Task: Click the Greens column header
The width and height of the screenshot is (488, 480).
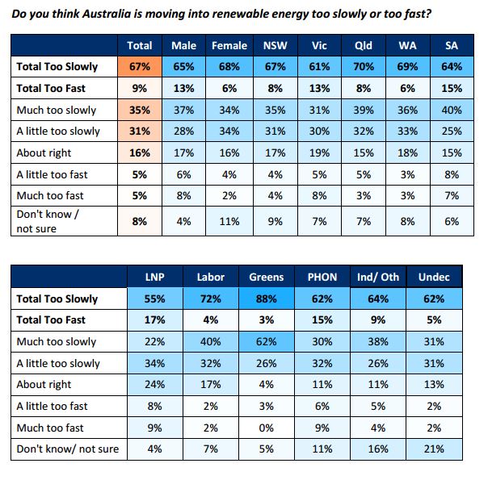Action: [x=266, y=278]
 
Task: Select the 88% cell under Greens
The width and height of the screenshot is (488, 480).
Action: [x=266, y=299]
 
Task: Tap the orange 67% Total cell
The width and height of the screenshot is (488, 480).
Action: [x=141, y=67]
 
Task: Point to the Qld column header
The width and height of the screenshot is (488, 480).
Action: [x=364, y=46]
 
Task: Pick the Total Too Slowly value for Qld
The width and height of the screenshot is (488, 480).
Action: [x=364, y=67]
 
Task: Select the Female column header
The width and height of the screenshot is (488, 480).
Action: [x=229, y=46]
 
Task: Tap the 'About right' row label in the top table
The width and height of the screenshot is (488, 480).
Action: [x=44, y=152]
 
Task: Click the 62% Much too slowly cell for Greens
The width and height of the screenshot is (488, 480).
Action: [x=266, y=342]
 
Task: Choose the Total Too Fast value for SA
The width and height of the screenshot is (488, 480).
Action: [x=451, y=89]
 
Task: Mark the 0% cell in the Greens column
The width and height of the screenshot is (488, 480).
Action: [x=266, y=428]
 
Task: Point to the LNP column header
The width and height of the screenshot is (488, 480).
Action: [x=155, y=278]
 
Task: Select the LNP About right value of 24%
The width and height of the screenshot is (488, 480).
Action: [x=155, y=385]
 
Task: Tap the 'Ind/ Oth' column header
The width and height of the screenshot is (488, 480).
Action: [x=378, y=278]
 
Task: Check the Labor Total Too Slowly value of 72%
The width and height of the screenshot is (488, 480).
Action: [x=211, y=299]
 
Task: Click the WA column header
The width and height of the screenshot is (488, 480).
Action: [x=407, y=46]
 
